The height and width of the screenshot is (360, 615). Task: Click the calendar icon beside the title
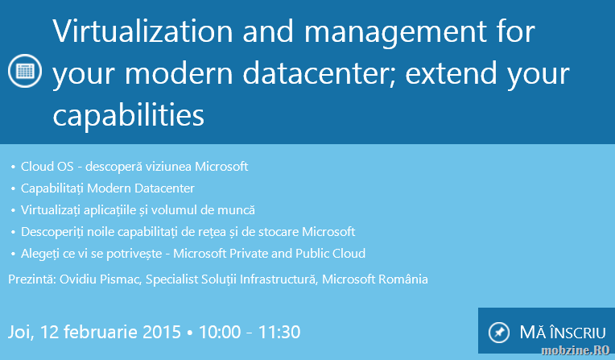tap(25, 71)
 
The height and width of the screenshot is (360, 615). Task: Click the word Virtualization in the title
tap(142, 31)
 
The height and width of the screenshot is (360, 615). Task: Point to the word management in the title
tap(396, 32)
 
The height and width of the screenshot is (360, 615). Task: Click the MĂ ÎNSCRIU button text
tap(563, 333)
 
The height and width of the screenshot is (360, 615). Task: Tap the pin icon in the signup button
tap(499, 333)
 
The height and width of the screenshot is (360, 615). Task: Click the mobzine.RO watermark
tap(575, 350)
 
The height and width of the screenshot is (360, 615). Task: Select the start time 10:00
tap(220, 332)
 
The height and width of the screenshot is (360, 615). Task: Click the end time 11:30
tap(279, 332)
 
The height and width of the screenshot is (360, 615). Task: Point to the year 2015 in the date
tap(161, 332)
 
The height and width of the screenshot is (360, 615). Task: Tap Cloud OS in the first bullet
tap(47, 167)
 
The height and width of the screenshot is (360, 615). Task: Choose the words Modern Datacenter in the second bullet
tap(140, 188)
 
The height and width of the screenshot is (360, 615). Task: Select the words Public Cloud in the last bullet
tap(330, 253)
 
